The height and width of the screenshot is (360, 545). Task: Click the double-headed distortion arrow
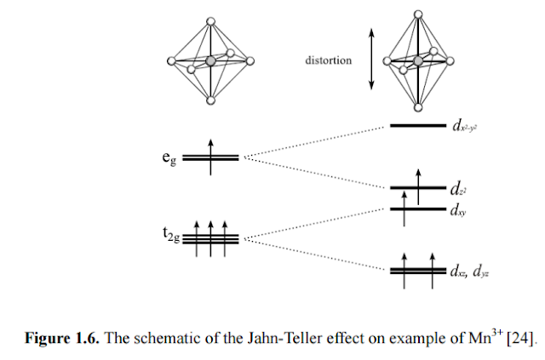coord(371,59)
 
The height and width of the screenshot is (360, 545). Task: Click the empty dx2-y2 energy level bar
coord(417,126)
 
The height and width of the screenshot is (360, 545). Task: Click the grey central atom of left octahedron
coord(210,61)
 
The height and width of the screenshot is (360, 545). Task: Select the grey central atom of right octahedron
coord(418,61)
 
